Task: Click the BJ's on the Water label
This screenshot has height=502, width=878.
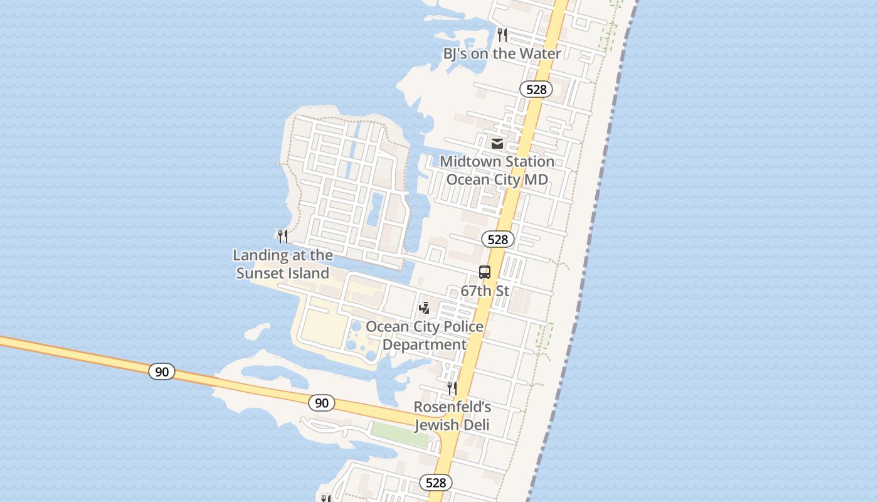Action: click(x=502, y=53)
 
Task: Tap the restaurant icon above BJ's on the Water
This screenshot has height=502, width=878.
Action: click(x=502, y=35)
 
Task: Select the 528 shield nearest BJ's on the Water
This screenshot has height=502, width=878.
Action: click(x=536, y=89)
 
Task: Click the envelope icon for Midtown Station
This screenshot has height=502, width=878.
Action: click(x=497, y=144)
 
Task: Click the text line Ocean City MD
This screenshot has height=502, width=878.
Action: click(x=497, y=179)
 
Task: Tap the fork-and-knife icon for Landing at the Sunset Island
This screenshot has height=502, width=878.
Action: click(x=283, y=236)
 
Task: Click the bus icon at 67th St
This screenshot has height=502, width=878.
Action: click(x=485, y=272)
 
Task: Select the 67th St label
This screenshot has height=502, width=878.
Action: click(x=485, y=291)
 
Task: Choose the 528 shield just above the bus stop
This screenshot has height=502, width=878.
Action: click(x=498, y=239)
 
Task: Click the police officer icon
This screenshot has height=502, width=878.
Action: click(x=425, y=307)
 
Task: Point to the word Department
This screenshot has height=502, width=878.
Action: click(x=425, y=344)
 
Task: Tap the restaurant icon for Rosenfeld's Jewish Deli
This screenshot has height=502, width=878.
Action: click(x=452, y=388)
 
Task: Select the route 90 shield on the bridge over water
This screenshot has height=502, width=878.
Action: click(x=162, y=371)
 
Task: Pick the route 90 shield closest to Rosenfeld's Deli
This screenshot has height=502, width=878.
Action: click(x=322, y=403)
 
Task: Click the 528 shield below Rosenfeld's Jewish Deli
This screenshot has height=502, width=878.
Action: click(x=435, y=482)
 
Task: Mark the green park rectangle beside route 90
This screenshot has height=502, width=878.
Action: click(x=400, y=434)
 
